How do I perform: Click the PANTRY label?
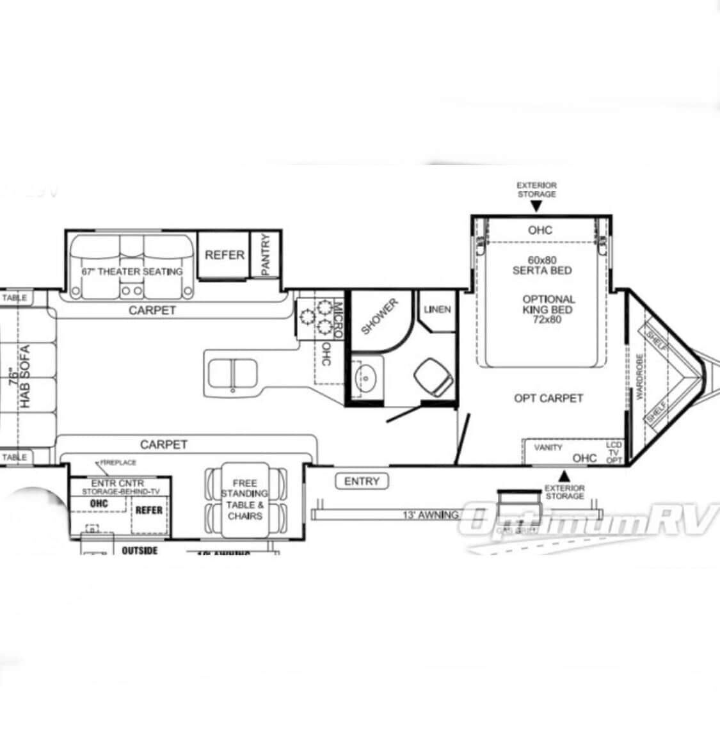pos(267,254)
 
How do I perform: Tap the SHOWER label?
pos(380,316)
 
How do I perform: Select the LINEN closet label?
pos(438,309)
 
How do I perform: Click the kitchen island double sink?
pos(231,373)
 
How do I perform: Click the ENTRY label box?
pos(362,481)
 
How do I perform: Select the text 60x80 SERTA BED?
pos(542,265)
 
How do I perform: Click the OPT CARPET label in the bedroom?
pos(548,398)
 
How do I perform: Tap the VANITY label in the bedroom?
pos(548,448)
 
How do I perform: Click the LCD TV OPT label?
pos(614,451)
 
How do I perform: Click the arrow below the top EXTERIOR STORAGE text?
pos(536,207)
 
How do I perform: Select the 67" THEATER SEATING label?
pos(132,272)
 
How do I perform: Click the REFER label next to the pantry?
pos(225,255)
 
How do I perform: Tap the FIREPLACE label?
pos(116,462)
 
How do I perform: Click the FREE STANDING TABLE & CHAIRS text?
pos(244,499)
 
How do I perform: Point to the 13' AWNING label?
pos(430,515)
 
